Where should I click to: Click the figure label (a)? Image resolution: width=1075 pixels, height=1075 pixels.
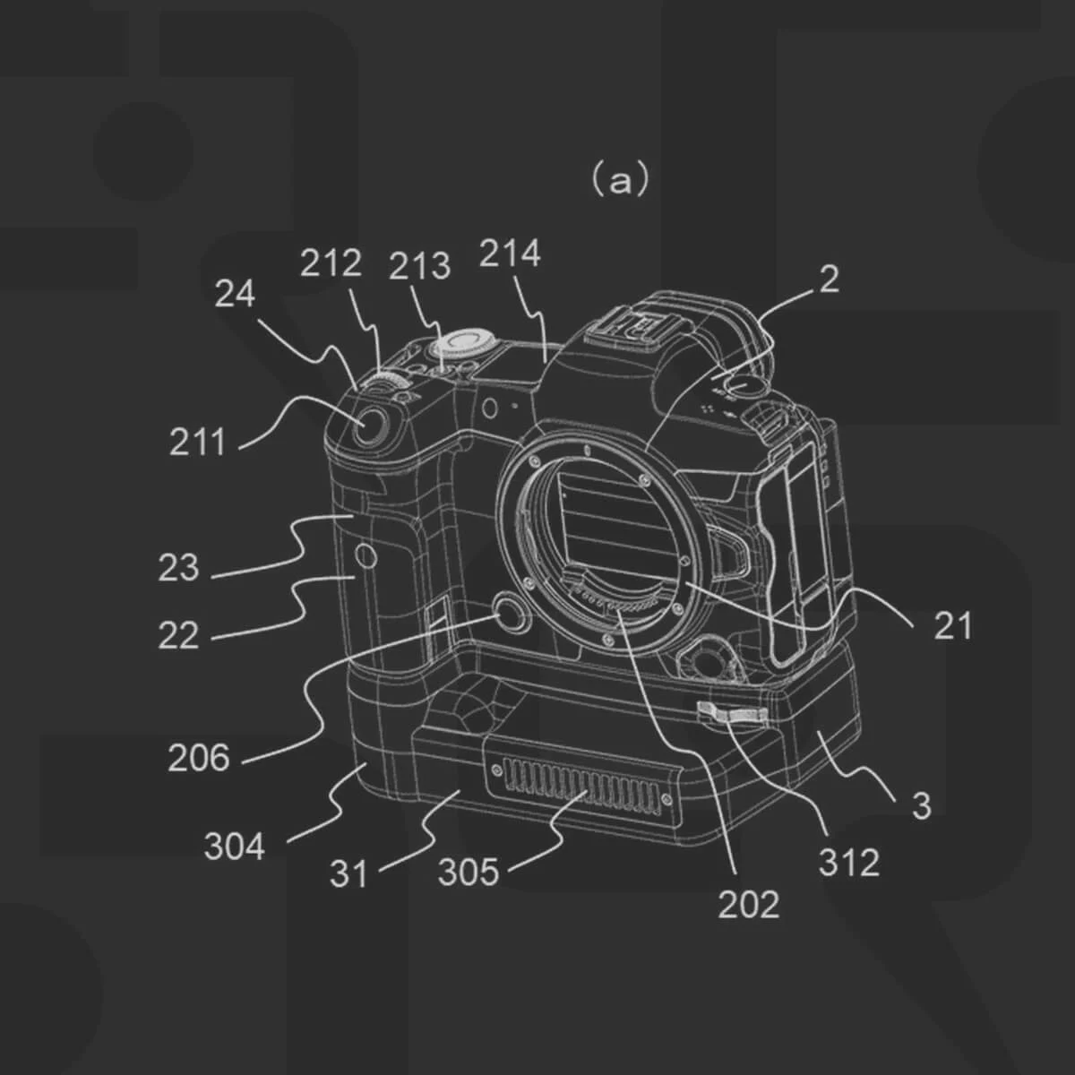pyautogui.click(x=619, y=180)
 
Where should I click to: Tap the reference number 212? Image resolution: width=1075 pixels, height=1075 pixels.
pyautogui.click(x=331, y=263)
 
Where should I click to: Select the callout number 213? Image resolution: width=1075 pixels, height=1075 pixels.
pyautogui.click(x=419, y=266)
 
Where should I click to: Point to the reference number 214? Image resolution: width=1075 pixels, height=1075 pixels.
pyautogui.click(x=510, y=254)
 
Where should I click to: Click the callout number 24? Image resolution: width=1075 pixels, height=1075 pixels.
pyautogui.click(x=235, y=294)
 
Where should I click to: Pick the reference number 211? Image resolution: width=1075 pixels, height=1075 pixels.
pyautogui.click(x=197, y=442)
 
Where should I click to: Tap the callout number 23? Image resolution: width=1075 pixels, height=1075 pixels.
pyautogui.click(x=178, y=568)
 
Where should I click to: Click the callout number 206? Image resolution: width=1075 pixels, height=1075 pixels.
pyautogui.click(x=199, y=759)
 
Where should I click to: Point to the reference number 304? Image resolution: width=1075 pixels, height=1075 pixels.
pyautogui.click(x=234, y=847)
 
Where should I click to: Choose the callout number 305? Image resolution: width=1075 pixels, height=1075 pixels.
pyautogui.click(x=468, y=872)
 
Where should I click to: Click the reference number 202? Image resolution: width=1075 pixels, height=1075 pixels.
pyautogui.click(x=748, y=905)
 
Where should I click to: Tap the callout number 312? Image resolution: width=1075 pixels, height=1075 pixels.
pyautogui.click(x=848, y=863)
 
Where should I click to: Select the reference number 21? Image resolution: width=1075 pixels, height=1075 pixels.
pyautogui.click(x=952, y=626)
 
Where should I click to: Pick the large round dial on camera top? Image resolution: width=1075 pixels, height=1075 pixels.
pyautogui.click(x=466, y=345)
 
